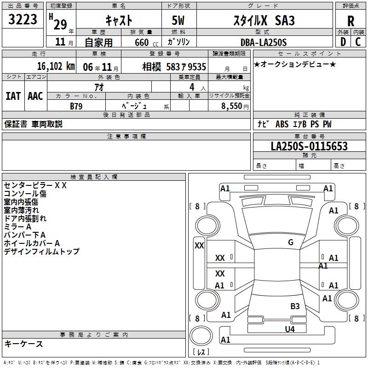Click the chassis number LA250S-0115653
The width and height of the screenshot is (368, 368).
tap(309, 146)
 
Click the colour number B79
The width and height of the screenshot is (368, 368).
tap(76, 105)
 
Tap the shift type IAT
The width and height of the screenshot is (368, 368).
tap(13, 96)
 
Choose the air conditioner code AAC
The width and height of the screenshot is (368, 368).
tap(35, 96)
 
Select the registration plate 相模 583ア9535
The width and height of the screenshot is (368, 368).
tap(174, 66)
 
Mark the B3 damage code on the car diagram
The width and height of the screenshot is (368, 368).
tap(295, 306)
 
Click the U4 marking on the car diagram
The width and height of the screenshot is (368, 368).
tap(289, 329)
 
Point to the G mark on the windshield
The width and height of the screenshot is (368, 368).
tap(291, 242)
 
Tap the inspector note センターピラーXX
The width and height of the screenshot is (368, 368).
tap(35, 185)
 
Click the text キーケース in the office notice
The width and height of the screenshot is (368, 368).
tap(23, 344)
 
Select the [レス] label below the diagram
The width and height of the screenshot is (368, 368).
tap(201, 352)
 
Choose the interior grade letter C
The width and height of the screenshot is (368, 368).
tap(358, 42)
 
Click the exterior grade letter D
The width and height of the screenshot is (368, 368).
tap(343, 42)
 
